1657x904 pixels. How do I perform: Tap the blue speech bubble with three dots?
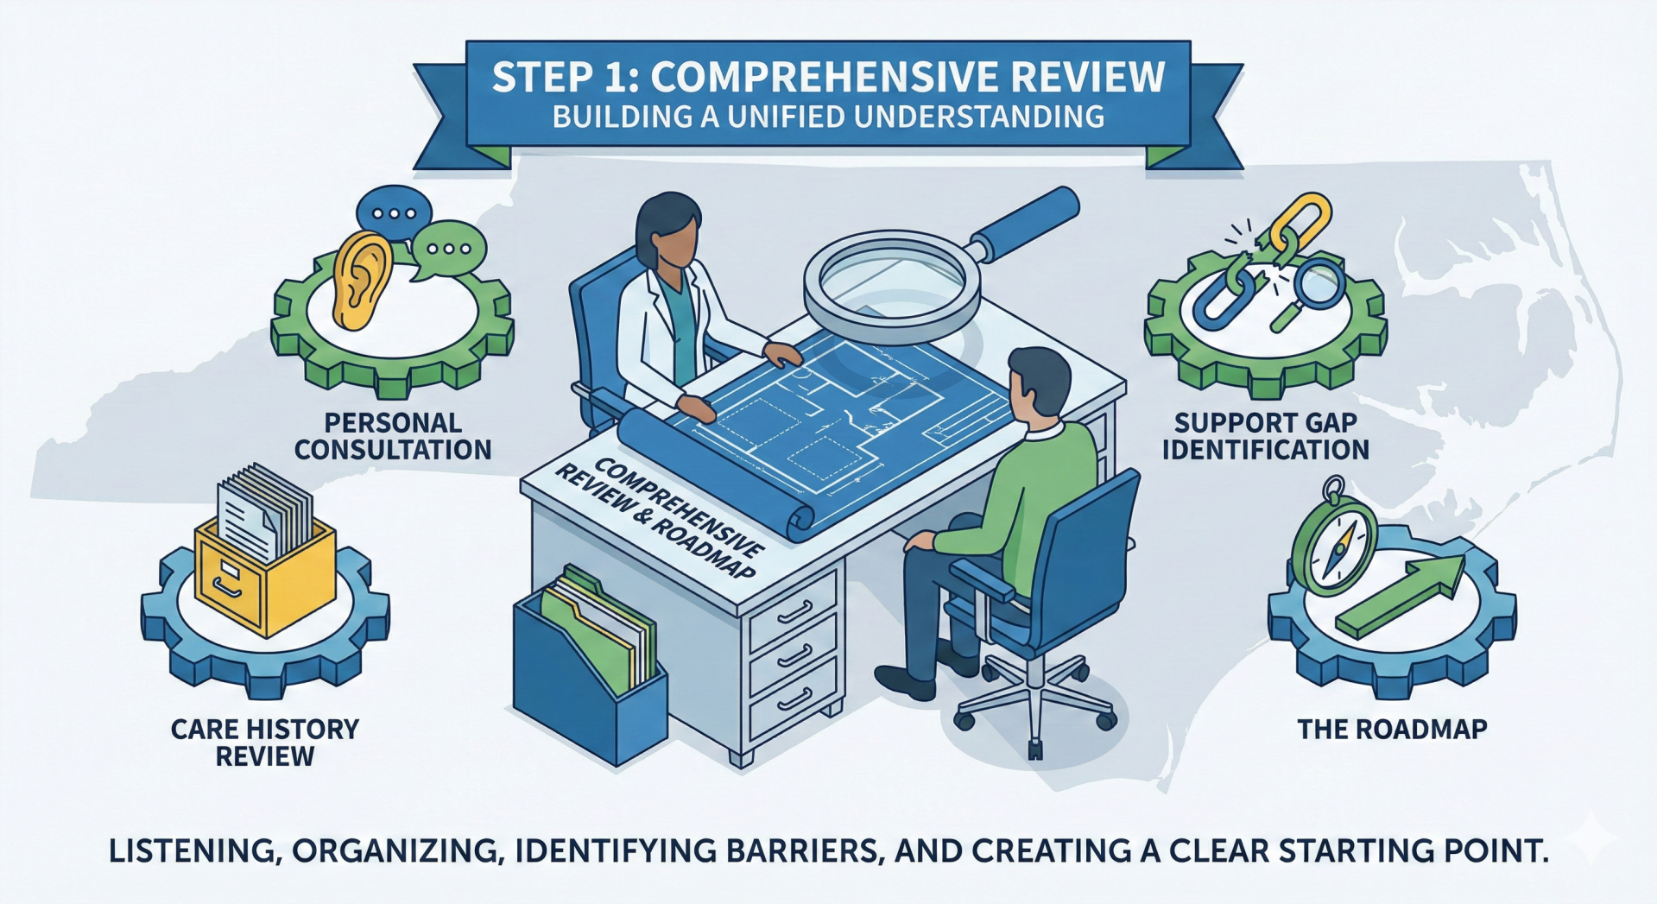(394, 211)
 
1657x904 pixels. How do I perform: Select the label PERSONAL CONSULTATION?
(393, 436)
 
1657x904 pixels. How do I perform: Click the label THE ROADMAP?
(1392, 730)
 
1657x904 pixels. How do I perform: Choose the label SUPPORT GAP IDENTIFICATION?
(1266, 436)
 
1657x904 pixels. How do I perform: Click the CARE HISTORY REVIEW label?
(265, 743)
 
